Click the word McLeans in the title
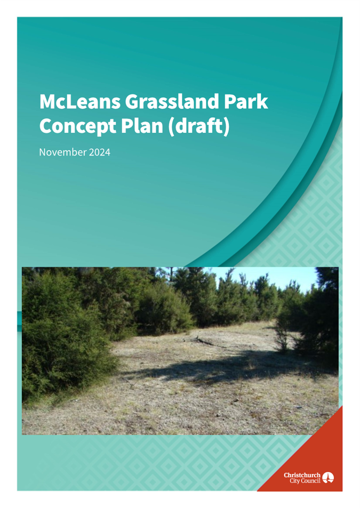pos(80,102)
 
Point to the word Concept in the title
pos(78,126)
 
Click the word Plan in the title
pos(142,126)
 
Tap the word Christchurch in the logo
pos(302,475)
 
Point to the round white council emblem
pos(328,478)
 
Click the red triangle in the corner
pos(312,464)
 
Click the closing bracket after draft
pos(227,126)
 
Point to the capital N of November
pos(42,152)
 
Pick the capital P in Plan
pos(127,126)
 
